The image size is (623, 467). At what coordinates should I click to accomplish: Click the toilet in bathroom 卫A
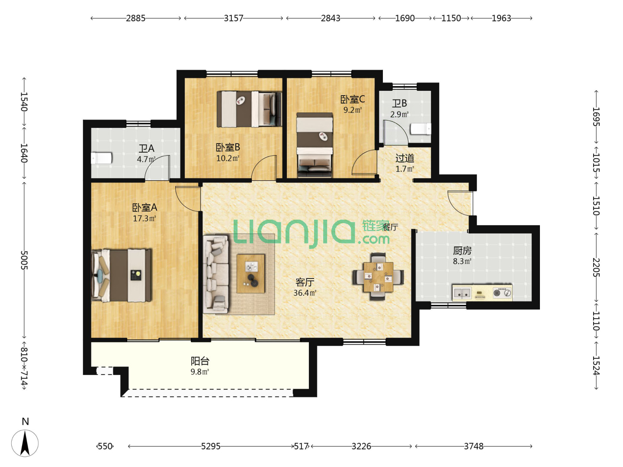(x=101, y=158)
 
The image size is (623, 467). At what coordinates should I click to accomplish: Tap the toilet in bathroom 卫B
(x=421, y=129)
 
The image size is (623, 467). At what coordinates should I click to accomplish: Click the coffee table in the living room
(x=250, y=274)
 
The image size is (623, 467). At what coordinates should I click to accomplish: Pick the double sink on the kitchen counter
(x=462, y=293)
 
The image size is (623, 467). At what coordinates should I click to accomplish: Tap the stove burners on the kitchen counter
(x=502, y=293)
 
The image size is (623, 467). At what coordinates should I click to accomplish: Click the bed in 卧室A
(x=121, y=275)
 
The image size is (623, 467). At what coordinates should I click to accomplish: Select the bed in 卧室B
(x=249, y=109)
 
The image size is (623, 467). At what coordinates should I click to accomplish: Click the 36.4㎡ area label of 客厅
(x=305, y=293)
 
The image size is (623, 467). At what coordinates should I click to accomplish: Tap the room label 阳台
(x=200, y=361)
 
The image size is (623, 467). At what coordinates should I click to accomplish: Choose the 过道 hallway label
(x=405, y=158)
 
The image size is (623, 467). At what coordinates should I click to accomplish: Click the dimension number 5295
(x=211, y=447)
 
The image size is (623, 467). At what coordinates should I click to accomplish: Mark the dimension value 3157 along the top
(x=233, y=18)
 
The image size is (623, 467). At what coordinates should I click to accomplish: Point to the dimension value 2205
(x=596, y=267)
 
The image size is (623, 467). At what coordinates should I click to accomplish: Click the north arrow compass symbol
(x=25, y=443)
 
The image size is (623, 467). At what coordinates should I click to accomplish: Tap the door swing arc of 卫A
(x=157, y=168)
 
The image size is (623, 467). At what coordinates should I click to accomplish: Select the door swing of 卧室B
(x=264, y=168)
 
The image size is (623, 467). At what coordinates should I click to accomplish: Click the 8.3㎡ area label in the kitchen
(x=462, y=262)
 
